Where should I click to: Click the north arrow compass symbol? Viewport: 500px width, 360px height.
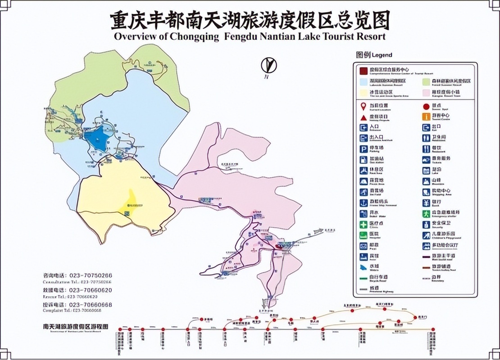[x=269, y=66]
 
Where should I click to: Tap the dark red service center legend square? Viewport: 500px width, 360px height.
[x=364, y=70]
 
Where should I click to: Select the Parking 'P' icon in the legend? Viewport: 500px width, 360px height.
[x=364, y=149]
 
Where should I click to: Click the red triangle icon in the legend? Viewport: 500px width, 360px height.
[x=364, y=117]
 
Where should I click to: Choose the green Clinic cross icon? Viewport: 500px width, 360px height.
[x=364, y=224]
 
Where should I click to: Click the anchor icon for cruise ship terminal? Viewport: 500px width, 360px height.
[x=364, y=203]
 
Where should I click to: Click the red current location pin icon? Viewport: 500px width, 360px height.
[x=364, y=106]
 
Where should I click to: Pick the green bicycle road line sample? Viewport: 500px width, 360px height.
[x=364, y=278]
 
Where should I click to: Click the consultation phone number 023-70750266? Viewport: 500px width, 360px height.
[x=91, y=275]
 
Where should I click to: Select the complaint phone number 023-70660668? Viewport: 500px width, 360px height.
[x=91, y=305]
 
